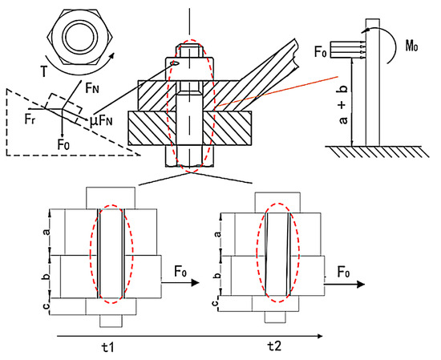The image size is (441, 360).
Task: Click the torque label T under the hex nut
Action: (44, 71)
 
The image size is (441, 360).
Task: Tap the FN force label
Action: (93, 89)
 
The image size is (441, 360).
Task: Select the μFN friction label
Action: (102, 121)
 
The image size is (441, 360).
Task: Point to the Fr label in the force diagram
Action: (30, 119)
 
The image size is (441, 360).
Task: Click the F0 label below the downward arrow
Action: (63, 145)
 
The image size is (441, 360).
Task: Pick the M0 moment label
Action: (411, 47)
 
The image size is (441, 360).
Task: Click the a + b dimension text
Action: (343, 103)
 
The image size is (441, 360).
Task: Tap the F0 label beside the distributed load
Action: (321, 52)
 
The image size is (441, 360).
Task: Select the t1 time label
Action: (108, 348)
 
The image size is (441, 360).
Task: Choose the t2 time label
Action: (274, 346)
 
